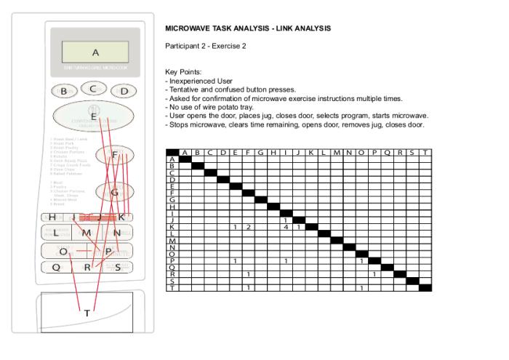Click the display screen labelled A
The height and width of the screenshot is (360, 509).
point(95,52)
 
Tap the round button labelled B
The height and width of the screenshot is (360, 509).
point(64,91)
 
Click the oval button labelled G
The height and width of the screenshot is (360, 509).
point(115,192)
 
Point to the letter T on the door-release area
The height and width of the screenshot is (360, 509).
point(87,313)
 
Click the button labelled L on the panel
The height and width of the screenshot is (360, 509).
point(55,233)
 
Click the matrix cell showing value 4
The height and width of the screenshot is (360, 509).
point(286,228)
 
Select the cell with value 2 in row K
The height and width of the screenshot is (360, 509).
point(248,228)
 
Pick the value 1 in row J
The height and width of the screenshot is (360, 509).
point(286,220)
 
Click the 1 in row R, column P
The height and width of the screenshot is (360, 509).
point(374,274)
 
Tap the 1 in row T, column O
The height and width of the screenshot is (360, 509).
point(361,288)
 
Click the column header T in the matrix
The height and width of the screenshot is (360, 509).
point(425,153)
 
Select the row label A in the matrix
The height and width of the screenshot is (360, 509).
point(172,159)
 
